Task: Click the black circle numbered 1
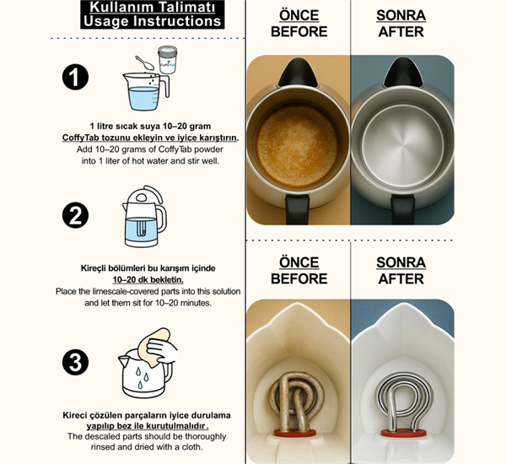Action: (75, 77)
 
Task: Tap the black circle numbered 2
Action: (75, 215)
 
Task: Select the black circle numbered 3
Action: (75, 362)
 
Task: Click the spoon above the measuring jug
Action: (144, 62)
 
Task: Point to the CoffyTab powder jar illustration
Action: (168, 60)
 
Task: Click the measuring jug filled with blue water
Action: (146, 92)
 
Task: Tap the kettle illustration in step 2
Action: (144, 216)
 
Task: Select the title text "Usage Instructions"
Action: (152, 21)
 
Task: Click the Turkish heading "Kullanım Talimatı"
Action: (152, 7)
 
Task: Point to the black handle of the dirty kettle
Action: (297, 209)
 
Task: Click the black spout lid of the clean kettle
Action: (403, 73)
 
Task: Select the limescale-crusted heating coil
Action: (296, 402)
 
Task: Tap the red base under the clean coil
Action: (403, 433)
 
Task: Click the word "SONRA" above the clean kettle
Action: (401, 15)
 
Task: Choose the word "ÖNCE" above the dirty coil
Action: (299, 262)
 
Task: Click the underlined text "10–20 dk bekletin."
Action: (148, 279)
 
